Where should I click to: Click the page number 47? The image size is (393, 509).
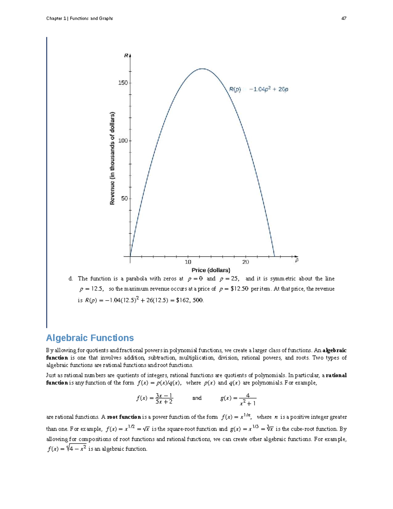pos(344,18)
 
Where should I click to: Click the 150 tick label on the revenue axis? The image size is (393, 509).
pos(123,83)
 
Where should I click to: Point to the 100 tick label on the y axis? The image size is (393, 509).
pos(123,141)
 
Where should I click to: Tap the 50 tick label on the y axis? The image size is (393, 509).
pos(124,199)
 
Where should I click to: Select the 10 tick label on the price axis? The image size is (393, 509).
pos(188,262)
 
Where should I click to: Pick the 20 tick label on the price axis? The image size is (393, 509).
pos(246,262)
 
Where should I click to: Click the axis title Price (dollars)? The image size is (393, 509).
pos(211,270)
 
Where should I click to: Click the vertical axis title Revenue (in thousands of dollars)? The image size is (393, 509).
pos(112,159)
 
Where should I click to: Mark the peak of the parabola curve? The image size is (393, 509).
pos(202,69)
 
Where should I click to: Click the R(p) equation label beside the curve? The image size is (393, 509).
pos(258,89)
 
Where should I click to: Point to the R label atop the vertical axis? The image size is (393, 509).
pos(126,56)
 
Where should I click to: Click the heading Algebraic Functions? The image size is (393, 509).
pos(90,338)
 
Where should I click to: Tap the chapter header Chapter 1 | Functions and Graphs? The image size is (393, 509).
pos(80,18)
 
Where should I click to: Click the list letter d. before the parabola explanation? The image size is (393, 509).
pos(70,279)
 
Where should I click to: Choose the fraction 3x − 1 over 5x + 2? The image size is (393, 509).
pos(164,399)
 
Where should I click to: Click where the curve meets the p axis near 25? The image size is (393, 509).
pos(274,256)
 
